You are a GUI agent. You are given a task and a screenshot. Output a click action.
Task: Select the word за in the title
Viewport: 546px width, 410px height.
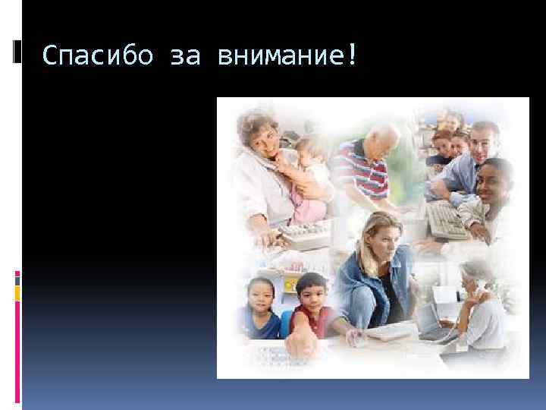[182, 55]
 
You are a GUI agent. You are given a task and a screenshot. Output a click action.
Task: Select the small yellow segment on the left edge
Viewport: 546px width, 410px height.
[17, 291]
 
